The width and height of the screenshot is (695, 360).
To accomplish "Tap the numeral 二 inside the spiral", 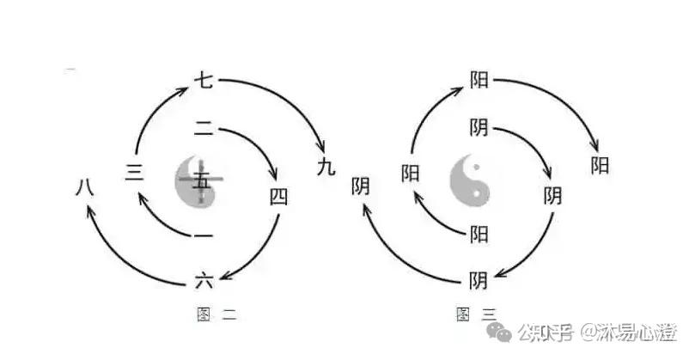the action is click(x=204, y=130).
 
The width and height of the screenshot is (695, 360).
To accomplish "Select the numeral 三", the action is click(x=134, y=172).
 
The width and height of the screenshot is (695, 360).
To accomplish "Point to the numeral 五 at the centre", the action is click(x=201, y=181).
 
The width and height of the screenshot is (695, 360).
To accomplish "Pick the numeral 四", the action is click(x=279, y=197).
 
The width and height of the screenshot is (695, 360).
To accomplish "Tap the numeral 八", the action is click(x=84, y=185).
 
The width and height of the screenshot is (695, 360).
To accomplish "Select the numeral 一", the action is click(x=203, y=235).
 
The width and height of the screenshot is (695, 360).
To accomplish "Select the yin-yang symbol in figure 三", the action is click(x=470, y=181).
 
